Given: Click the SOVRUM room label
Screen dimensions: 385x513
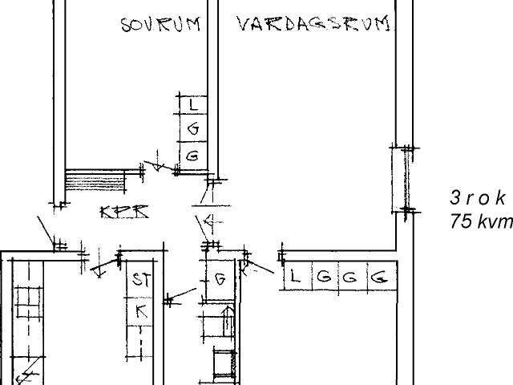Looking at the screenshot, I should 160,24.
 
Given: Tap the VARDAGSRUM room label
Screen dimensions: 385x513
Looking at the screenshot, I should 314,24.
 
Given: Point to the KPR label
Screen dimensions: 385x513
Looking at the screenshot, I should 124,213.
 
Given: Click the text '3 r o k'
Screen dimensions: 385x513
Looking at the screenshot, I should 478,198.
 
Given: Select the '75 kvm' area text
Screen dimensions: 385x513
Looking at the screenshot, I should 480,222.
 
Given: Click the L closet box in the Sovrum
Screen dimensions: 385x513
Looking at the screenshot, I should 192,105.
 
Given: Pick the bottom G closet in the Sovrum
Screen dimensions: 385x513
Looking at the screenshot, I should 192,156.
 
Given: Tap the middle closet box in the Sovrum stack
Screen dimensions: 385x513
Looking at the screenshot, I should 192,129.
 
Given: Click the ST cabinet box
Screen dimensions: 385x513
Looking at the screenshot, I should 141,280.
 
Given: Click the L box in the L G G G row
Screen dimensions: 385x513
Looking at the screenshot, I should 296,278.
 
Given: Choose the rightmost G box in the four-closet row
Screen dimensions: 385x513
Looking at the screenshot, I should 382,278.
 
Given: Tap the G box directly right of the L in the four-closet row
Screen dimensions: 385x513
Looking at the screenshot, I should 324,278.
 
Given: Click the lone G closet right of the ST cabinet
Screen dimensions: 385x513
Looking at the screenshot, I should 218,280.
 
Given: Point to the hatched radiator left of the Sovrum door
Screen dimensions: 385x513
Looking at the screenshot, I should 95,180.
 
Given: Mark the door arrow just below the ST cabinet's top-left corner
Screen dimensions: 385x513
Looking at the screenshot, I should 100,271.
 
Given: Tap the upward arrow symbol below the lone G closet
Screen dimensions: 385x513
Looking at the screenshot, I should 227,322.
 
